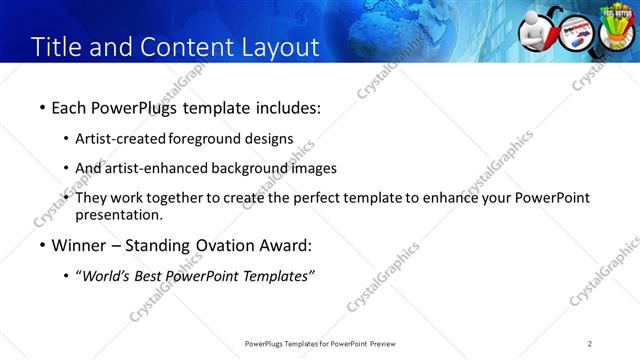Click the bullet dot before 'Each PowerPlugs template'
(42, 106)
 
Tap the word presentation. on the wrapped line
(119, 214)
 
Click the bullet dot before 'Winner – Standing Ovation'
(42, 246)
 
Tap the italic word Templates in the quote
(278, 276)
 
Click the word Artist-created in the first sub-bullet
(121, 138)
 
